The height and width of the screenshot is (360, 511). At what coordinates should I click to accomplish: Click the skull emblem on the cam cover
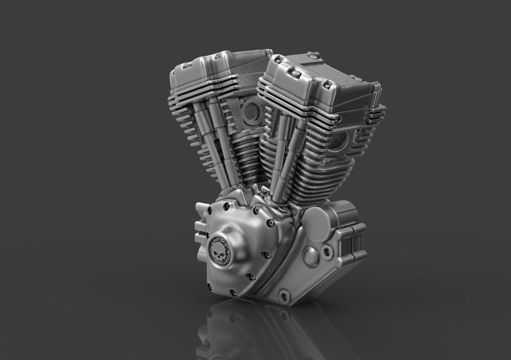click(221, 248)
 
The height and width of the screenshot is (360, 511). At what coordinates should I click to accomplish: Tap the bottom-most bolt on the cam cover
click(250, 277)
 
